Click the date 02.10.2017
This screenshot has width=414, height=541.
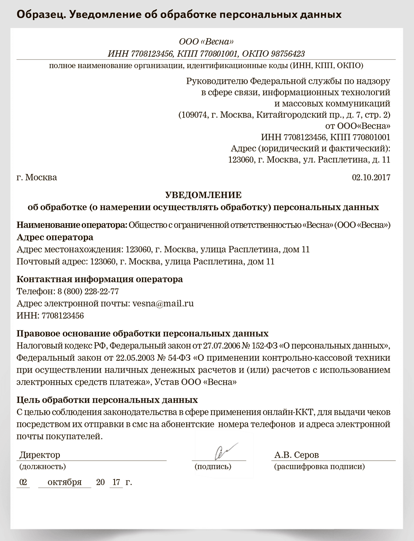[371, 177]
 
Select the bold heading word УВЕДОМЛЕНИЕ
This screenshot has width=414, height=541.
[203, 195]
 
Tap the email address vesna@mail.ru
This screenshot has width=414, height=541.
[163, 303]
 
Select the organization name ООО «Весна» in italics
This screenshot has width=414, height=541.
[206, 42]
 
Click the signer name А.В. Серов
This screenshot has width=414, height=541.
[296, 455]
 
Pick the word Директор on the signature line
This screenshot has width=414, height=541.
[40, 455]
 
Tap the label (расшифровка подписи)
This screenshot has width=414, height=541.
[319, 466]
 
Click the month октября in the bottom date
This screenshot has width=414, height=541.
[64, 482]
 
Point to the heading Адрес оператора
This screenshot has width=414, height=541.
[55, 237]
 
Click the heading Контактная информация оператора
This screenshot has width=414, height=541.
[99, 279]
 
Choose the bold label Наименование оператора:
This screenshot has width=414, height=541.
[72, 225]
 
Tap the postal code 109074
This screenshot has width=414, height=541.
[193, 115]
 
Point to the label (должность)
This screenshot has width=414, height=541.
[43, 466]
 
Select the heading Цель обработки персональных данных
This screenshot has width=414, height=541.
[107, 400]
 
